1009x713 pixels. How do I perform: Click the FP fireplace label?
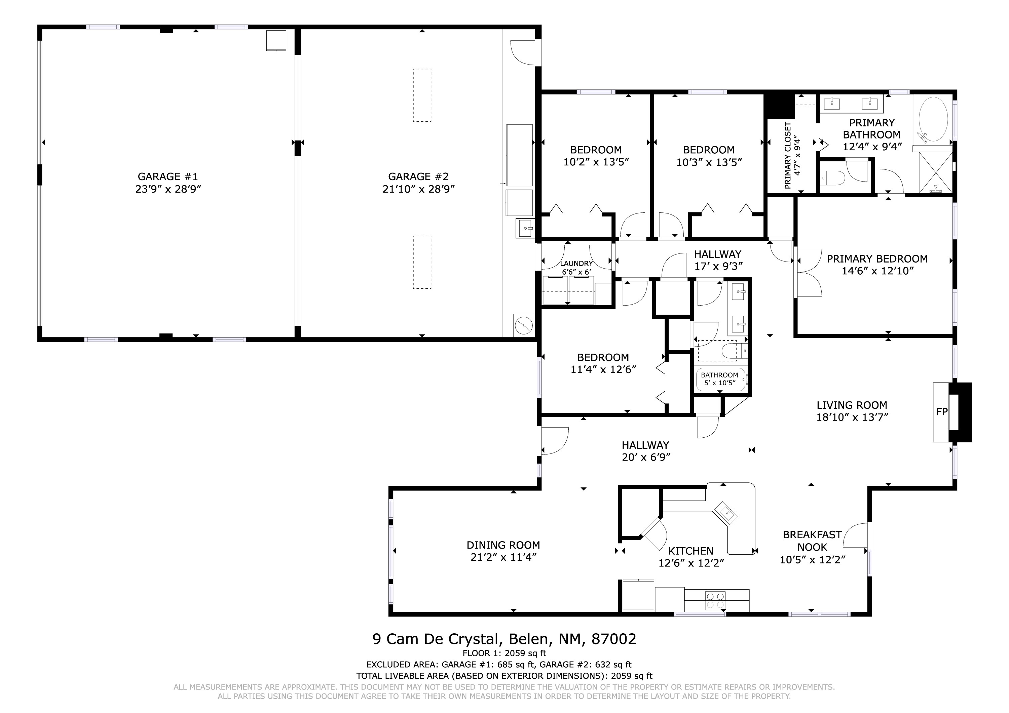(941, 412)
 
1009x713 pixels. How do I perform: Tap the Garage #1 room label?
(168, 176)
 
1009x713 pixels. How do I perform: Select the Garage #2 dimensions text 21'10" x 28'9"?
(418, 189)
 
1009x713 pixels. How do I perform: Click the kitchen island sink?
(726, 513)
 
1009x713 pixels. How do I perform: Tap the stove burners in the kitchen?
(715, 600)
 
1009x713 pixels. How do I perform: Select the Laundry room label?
(576, 264)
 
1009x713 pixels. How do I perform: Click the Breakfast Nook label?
(812, 541)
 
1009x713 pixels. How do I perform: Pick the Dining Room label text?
(503, 545)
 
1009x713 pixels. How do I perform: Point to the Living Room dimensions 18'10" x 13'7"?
(852, 417)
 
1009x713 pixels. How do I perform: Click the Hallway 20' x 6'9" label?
(645, 451)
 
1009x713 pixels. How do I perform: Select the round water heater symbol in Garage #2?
(524, 325)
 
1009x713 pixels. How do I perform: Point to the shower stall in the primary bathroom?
(936, 173)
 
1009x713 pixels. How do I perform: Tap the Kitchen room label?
(691, 551)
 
